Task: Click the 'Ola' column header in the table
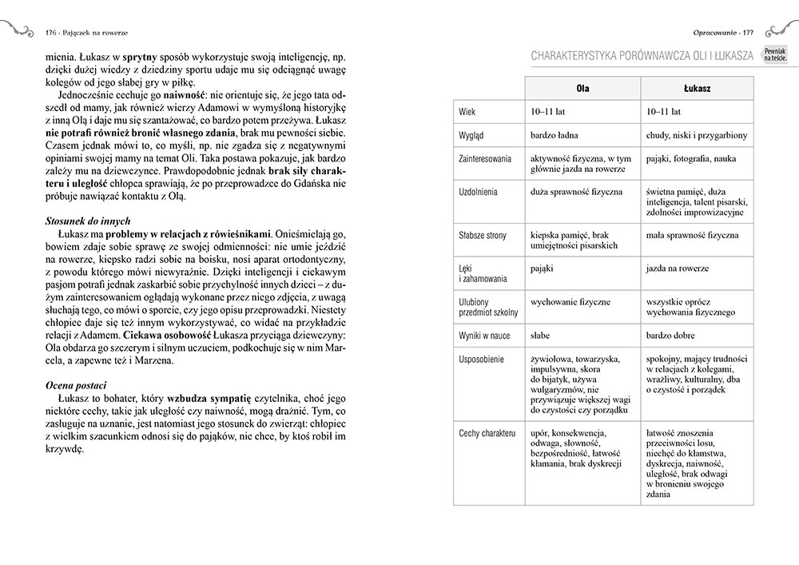click(583, 88)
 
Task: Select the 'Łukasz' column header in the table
click(698, 88)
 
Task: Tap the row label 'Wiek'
click(468, 112)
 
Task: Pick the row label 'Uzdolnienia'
click(479, 193)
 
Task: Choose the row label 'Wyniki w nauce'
click(484, 336)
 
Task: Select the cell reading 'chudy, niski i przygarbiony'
click(696, 136)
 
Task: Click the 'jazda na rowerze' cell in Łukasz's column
click(677, 269)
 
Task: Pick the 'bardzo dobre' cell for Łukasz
click(670, 336)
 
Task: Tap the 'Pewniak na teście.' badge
click(774, 54)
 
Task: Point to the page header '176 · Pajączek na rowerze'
click(89, 33)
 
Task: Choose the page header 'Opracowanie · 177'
click(724, 33)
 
